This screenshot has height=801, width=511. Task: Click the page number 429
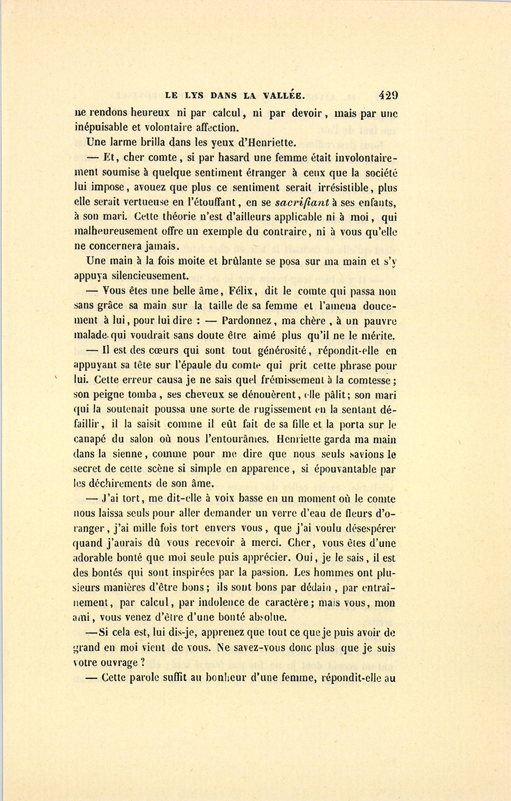pos(386,95)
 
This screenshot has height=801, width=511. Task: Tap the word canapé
pos(93,439)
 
